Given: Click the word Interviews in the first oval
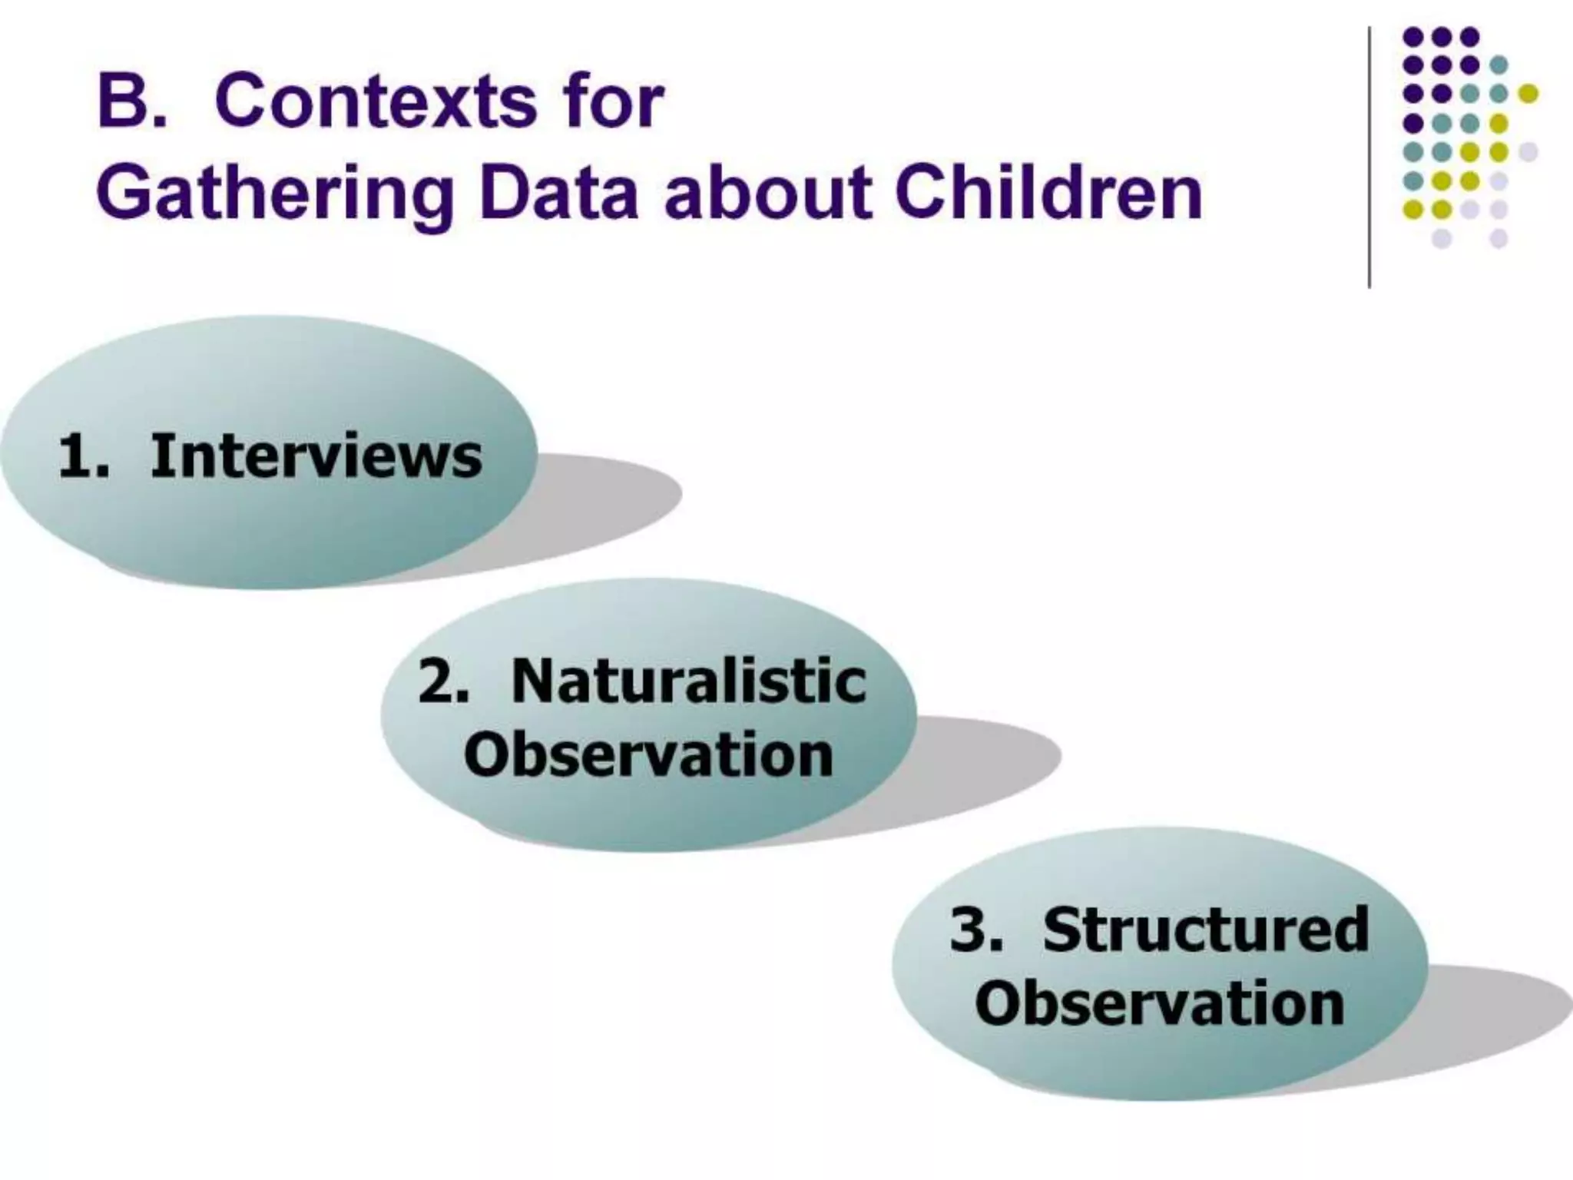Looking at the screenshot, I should coord(316,456).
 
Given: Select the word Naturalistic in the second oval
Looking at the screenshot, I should coord(689,681).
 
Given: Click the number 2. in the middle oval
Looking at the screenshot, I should coord(443,681).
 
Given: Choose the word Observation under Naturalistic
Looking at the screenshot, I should coord(649,754).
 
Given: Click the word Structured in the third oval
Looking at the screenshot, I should coord(1206,930).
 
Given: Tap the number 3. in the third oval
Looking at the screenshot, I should coord(976,930).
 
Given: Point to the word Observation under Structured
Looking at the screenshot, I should coord(1160,1003).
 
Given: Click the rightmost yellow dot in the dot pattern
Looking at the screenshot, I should coord(1528,94).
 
